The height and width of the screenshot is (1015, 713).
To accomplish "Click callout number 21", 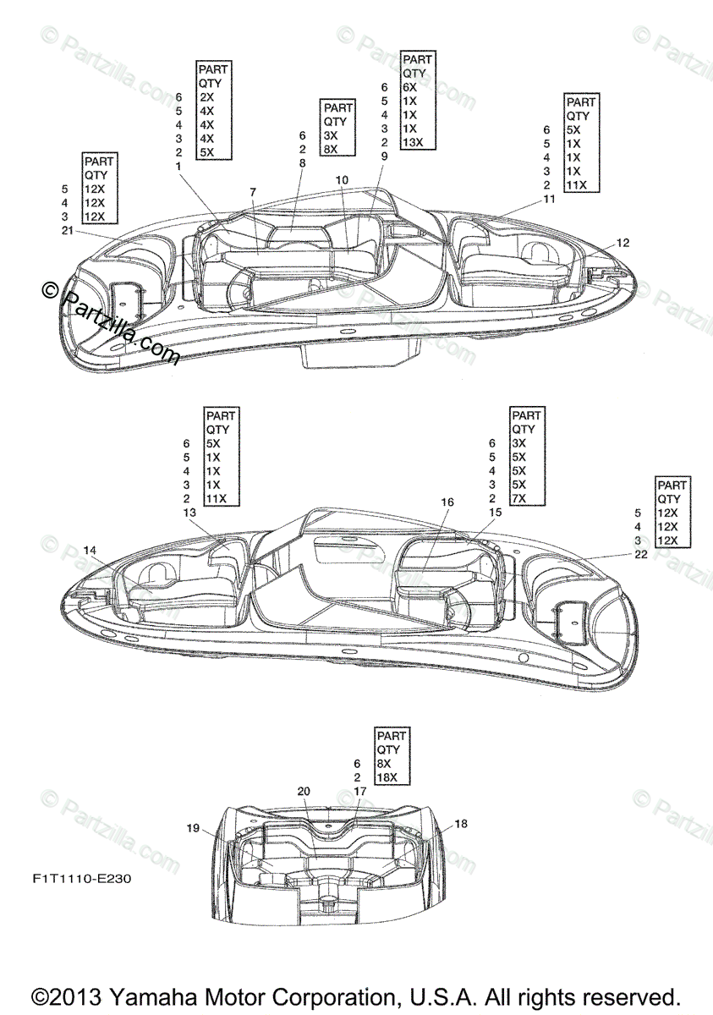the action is click(x=67, y=230).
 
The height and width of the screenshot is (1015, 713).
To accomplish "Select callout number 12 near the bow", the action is click(x=623, y=243).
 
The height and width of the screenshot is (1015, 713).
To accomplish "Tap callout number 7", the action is click(x=253, y=192).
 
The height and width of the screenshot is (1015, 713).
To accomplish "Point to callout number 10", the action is click(x=342, y=180).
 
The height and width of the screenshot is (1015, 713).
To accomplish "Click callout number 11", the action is click(x=549, y=199).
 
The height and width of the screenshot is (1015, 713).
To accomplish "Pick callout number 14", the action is click(x=90, y=551).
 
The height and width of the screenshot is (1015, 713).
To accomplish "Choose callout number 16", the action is click(x=447, y=502).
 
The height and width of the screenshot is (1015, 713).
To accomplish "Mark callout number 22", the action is click(x=640, y=554).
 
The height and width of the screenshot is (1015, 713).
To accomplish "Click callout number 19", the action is click(x=193, y=828).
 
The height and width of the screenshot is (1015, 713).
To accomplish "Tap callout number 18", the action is click(x=461, y=823).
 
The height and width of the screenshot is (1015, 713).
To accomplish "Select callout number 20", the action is click(x=304, y=791).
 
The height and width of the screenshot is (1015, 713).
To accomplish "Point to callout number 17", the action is click(x=360, y=791).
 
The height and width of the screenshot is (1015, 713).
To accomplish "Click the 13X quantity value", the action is click(x=413, y=142).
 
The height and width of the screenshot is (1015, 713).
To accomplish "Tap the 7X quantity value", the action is click(x=519, y=498).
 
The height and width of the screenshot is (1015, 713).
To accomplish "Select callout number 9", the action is click(x=384, y=156).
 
